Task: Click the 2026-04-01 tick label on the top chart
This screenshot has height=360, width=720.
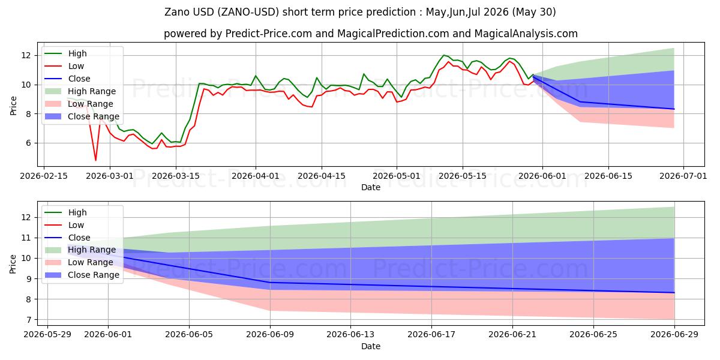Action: [x=256, y=176]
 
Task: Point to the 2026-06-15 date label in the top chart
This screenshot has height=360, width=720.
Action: [x=608, y=176]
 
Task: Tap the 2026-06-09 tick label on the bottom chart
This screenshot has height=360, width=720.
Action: [x=270, y=335]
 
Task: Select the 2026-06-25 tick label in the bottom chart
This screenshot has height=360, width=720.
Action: [x=593, y=335]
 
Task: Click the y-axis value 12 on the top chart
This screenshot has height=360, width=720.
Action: [x=26, y=56]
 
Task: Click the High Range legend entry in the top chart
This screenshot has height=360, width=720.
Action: [x=92, y=91]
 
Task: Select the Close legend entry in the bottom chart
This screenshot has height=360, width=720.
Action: [x=79, y=238]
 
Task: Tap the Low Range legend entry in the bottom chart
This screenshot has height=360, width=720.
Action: [x=91, y=262]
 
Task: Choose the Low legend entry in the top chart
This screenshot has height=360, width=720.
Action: [x=76, y=66]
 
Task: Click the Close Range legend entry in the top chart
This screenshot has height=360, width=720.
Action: [x=93, y=116]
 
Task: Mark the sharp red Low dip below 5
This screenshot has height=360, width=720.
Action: [x=95, y=160]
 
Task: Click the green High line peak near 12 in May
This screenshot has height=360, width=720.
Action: [x=444, y=55]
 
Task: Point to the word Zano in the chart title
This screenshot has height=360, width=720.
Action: [x=178, y=12]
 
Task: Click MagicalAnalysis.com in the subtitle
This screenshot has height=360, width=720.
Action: [x=526, y=34]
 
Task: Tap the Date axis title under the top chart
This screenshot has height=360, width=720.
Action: [x=371, y=187]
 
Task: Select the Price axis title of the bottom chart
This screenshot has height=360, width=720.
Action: [x=13, y=264]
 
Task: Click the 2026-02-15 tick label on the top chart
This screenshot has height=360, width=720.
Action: [x=44, y=176]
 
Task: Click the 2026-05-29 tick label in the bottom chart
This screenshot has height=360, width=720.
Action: [x=47, y=335]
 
